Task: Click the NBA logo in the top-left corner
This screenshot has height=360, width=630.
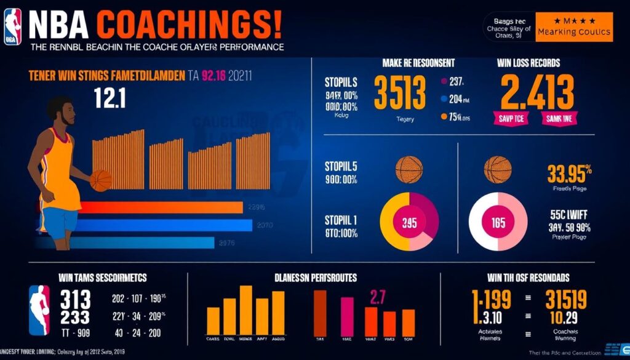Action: click(12, 26)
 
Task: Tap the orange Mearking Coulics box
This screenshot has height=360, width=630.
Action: click(573, 28)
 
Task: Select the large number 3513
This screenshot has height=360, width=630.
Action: click(400, 94)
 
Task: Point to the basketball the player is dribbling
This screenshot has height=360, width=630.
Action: click(101, 180)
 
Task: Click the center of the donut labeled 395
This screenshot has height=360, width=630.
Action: click(409, 223)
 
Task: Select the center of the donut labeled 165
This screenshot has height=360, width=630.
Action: click(498, 223)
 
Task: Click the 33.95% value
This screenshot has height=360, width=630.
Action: click(570, 174)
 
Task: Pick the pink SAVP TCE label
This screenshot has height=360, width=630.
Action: click(511, 119)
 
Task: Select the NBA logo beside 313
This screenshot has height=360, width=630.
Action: click(39, 310)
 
